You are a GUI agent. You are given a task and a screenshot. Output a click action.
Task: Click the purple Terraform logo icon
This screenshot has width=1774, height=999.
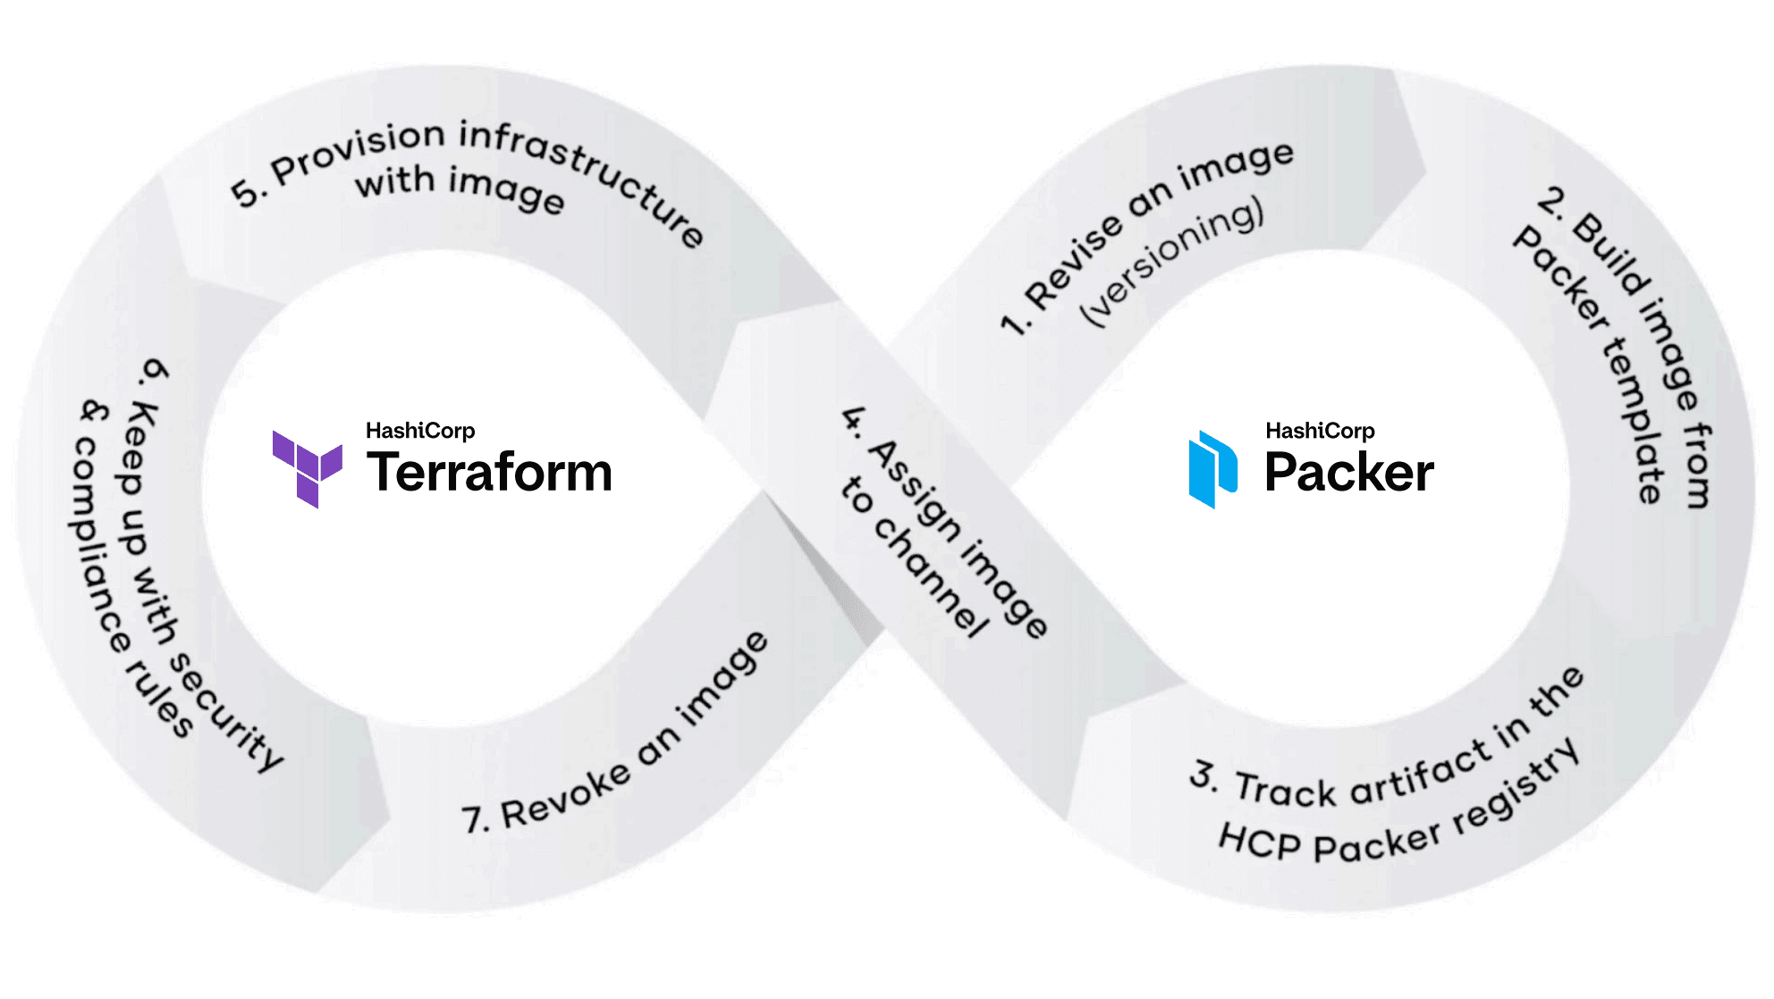307,468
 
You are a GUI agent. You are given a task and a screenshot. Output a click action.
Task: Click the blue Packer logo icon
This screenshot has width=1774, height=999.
1212,469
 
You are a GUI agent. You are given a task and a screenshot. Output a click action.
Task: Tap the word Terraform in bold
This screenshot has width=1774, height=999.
489,472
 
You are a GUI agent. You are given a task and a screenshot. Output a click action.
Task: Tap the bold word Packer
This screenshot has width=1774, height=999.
1348,473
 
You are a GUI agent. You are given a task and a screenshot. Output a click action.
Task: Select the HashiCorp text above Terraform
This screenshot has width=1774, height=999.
420,431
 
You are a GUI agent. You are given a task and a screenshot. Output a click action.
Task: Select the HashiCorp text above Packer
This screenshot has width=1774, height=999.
1320,431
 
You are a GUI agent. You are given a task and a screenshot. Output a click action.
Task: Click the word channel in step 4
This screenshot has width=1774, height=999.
930,576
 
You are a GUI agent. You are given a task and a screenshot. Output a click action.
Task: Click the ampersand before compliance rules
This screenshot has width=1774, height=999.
95,412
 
